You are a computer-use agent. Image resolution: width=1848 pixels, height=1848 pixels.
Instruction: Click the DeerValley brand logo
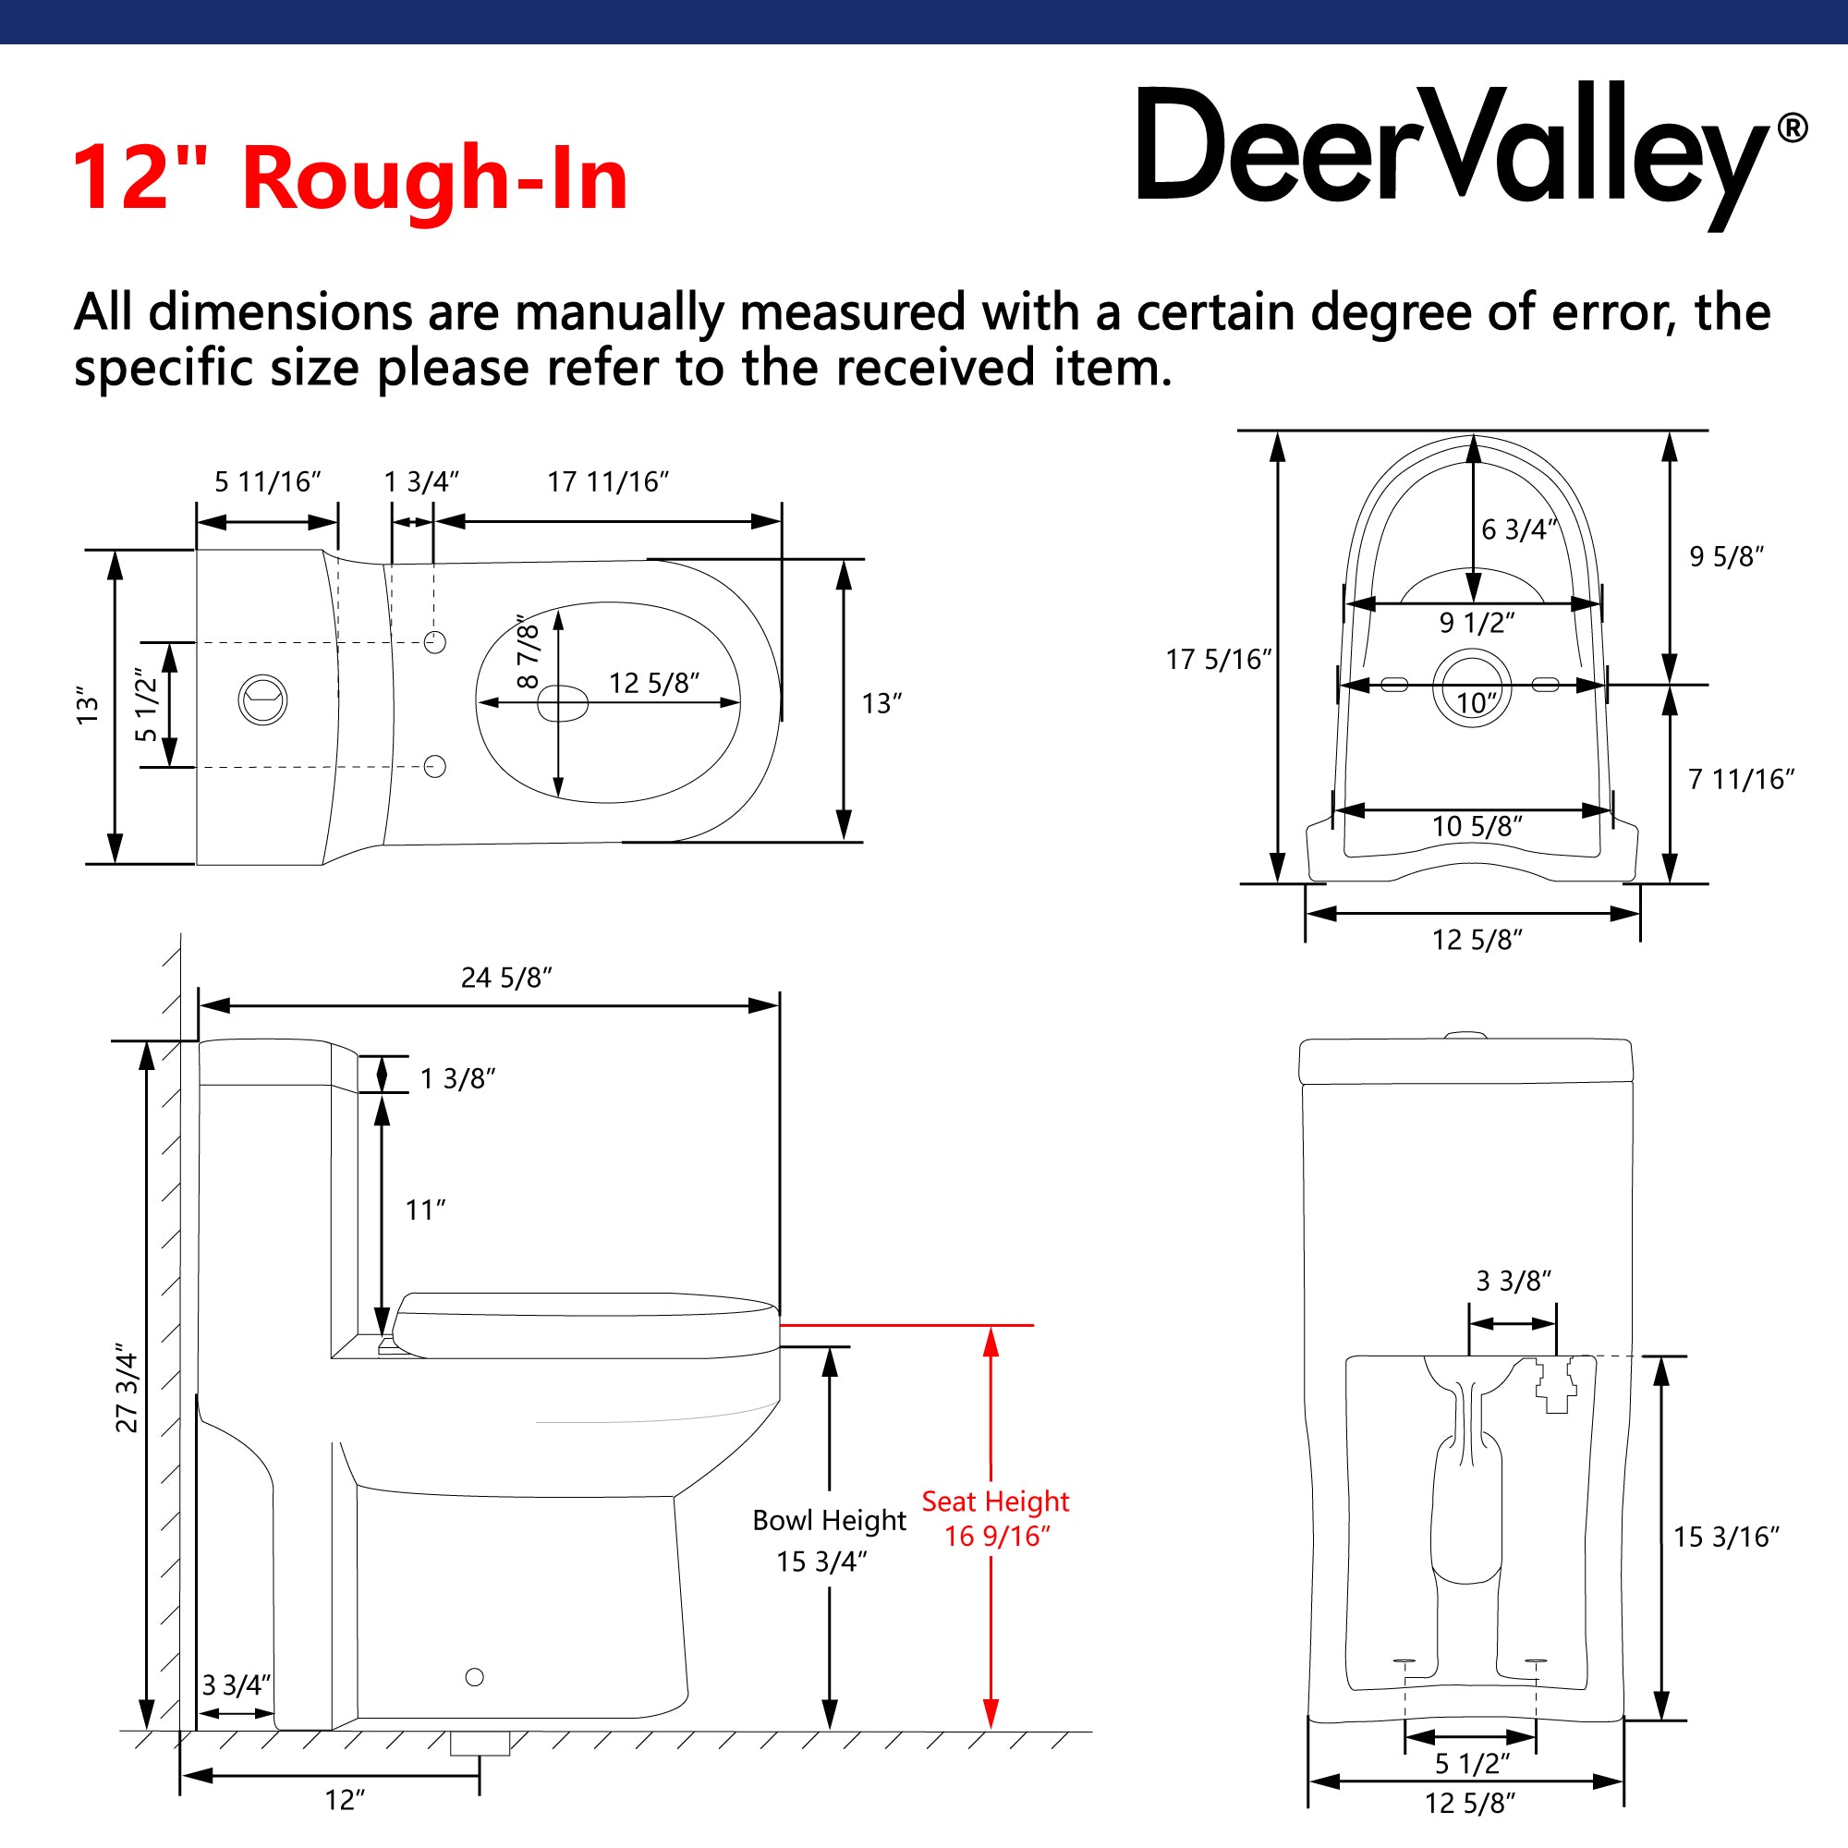pos(1471,153)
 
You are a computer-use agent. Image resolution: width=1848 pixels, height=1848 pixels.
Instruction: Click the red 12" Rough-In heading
pos(350,178)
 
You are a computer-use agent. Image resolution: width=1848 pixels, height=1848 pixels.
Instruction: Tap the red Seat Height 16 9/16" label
pos(996,1518)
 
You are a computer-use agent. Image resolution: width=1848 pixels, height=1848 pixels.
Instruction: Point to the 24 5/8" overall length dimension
pos(506,978)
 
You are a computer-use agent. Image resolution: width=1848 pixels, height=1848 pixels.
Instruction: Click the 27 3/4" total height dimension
pos(128,1392)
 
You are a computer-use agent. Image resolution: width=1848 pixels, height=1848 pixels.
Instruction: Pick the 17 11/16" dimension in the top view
pos(607,481)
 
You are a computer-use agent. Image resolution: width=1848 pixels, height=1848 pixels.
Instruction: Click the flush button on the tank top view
pos(262,699)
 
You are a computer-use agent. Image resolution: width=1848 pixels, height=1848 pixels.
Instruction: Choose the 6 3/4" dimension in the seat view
pos(1519,529)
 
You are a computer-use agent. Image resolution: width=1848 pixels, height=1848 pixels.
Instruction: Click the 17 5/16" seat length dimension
pos(1219,659)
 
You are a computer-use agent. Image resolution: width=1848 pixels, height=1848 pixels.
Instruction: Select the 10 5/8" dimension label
pos(1477,825)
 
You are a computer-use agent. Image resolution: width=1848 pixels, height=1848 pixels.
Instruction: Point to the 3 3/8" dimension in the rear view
pos(1514,1280)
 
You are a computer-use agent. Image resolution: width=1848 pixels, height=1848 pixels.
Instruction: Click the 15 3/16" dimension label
pos(1725,1537)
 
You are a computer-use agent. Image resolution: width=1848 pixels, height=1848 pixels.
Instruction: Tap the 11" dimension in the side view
pos(426,1210)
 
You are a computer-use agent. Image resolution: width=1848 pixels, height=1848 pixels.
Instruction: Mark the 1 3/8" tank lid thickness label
pos(458,1079)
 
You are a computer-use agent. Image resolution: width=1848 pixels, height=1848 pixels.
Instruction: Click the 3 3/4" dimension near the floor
pos(237,1685)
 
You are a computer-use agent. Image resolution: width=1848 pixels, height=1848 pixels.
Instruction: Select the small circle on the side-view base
pos(474,1677)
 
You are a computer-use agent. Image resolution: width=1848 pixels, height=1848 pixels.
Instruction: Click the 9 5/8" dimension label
pos(1727,555)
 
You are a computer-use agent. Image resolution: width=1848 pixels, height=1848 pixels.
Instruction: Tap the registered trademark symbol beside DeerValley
pos(1792,128)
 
